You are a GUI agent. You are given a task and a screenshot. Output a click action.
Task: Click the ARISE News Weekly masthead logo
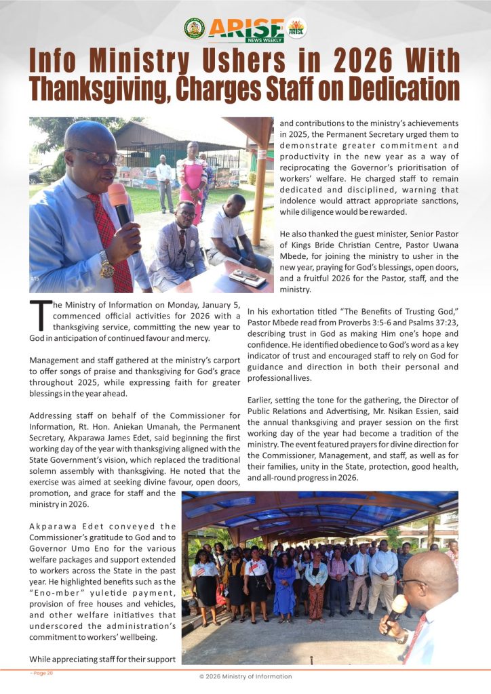click(x=245, y=29)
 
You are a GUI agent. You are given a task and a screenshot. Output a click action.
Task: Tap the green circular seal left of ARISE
click(x=194, y=28)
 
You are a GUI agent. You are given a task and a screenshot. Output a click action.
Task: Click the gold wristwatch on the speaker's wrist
click(x=106, y=265)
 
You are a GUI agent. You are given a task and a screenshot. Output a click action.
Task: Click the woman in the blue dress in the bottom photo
click(x=284, y=588)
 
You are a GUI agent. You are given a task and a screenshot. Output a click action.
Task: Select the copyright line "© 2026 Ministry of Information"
click(x=245, y=676)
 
